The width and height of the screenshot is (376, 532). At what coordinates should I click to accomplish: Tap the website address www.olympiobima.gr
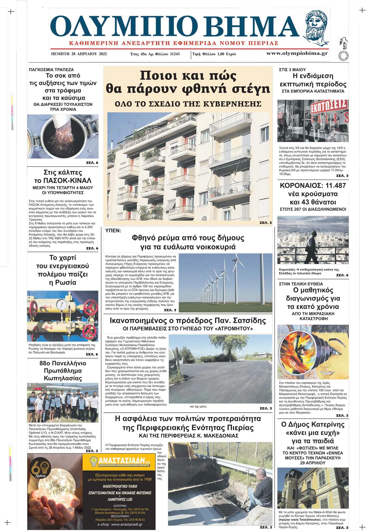coord(297,53)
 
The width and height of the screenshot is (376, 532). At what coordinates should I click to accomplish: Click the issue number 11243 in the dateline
coord(175,54)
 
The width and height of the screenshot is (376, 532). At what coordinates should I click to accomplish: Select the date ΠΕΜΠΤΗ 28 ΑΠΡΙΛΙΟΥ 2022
coord(79,54)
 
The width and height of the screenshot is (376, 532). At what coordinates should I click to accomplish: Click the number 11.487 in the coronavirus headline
coord(336,186)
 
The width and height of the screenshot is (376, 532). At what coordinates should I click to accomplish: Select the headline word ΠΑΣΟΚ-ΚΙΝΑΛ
coord(67,181)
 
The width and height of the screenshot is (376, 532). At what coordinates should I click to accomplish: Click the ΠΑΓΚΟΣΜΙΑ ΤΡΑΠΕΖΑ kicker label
coord(51,70)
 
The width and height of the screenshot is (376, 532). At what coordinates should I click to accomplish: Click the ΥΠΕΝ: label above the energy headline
coord(113,231)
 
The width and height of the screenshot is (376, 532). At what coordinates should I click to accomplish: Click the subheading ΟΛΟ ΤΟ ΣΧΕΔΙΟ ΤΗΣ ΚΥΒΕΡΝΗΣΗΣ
coord(188,104)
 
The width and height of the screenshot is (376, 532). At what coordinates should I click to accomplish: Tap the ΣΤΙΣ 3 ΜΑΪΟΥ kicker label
coord(292,70)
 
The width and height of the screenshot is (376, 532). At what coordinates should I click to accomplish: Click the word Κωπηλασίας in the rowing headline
coord(63,378)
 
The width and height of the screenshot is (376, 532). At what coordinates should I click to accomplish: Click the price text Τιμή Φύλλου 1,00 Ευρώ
coord(214,54)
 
